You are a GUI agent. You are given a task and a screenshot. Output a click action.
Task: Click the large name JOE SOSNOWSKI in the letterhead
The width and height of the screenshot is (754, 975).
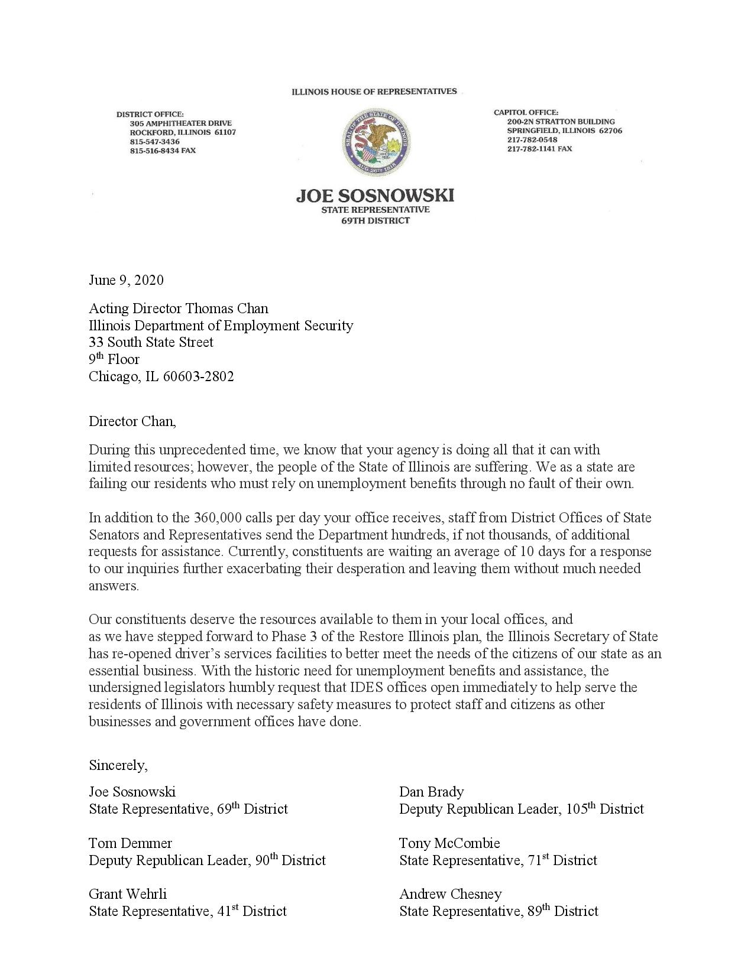pyautogui.click(x=376, y=196)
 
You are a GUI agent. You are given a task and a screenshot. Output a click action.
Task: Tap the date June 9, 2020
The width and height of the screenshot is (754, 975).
pyautogui.click(x=126, y=279)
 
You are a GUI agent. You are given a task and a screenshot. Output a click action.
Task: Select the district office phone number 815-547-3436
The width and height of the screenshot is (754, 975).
pyautogui.click(x=154, y=142)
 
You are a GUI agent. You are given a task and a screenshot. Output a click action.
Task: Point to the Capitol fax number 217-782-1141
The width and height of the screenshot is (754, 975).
pyautogui.click(x=531, y=149)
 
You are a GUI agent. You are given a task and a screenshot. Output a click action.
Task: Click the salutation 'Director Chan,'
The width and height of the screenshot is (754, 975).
pyautogui.click(x=132, y=421)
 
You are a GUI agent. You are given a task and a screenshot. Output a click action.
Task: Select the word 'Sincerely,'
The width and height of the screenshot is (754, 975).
pyautogui.click(x=118, y=765)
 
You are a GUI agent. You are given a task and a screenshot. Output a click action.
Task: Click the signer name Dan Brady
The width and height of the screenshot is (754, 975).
pyautogui.click(x=431, y=792)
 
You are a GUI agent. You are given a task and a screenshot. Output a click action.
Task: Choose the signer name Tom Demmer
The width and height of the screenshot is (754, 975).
pyautogui.click(x=131, y=843)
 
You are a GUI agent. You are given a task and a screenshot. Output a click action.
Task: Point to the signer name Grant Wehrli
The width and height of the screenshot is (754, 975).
pyautogui.click(x=128, y=893)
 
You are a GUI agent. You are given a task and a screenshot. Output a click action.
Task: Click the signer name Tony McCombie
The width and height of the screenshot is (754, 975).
pyautogui.click(x=449, y=843)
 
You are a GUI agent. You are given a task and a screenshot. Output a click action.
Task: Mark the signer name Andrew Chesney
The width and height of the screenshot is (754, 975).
pyautogui.click(x=450, y=893)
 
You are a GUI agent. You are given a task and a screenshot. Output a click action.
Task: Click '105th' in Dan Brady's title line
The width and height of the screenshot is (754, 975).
pyautogui.click(x=580, y=808)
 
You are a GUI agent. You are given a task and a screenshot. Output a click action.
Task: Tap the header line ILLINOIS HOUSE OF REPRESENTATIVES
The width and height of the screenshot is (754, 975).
pyautogui.click(x=374, y=92)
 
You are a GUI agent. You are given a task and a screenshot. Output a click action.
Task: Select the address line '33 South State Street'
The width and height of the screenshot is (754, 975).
pyautogui.click(x=151, y=342)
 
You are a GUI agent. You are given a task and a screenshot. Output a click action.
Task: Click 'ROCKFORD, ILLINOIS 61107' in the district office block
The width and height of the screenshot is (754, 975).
pyautogui.click(x=183, y=132)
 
